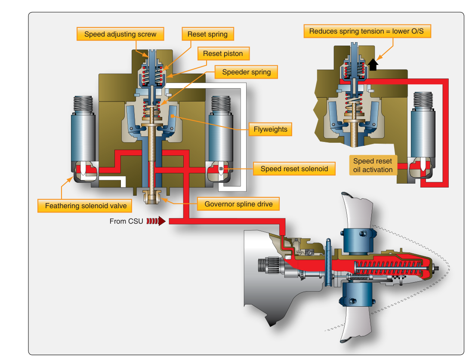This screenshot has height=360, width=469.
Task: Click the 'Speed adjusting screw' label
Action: tap(120, 34)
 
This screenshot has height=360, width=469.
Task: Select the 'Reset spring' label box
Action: tap(207, 34)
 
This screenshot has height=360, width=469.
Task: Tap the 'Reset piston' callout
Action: tap(223, 53)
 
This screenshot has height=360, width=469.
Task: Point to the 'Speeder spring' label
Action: tap(247, 72)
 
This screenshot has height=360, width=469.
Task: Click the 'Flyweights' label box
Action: tap(270, 129)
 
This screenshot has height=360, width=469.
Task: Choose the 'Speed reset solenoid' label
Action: tap(294, 169)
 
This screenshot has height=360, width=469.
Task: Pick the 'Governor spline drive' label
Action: tap(239, 204)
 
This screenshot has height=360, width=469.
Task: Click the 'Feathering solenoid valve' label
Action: tap(86, 206)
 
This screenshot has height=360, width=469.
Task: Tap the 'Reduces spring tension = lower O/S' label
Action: tap(367, 31)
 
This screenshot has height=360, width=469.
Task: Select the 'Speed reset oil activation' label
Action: tap(373, 165)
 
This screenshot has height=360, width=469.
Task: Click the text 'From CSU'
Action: tap(126, 221)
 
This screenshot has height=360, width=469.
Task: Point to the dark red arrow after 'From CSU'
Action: tap(156, 221)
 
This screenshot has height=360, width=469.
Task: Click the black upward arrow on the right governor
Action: tap(373, 65)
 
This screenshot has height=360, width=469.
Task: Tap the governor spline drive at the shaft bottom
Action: tap(153, 197)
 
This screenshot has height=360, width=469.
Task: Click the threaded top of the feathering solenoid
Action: tap(83, 105)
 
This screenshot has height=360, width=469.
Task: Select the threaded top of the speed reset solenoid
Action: tap(221, 105)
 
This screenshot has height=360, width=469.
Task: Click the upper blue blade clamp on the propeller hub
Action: tap(358, 241)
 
